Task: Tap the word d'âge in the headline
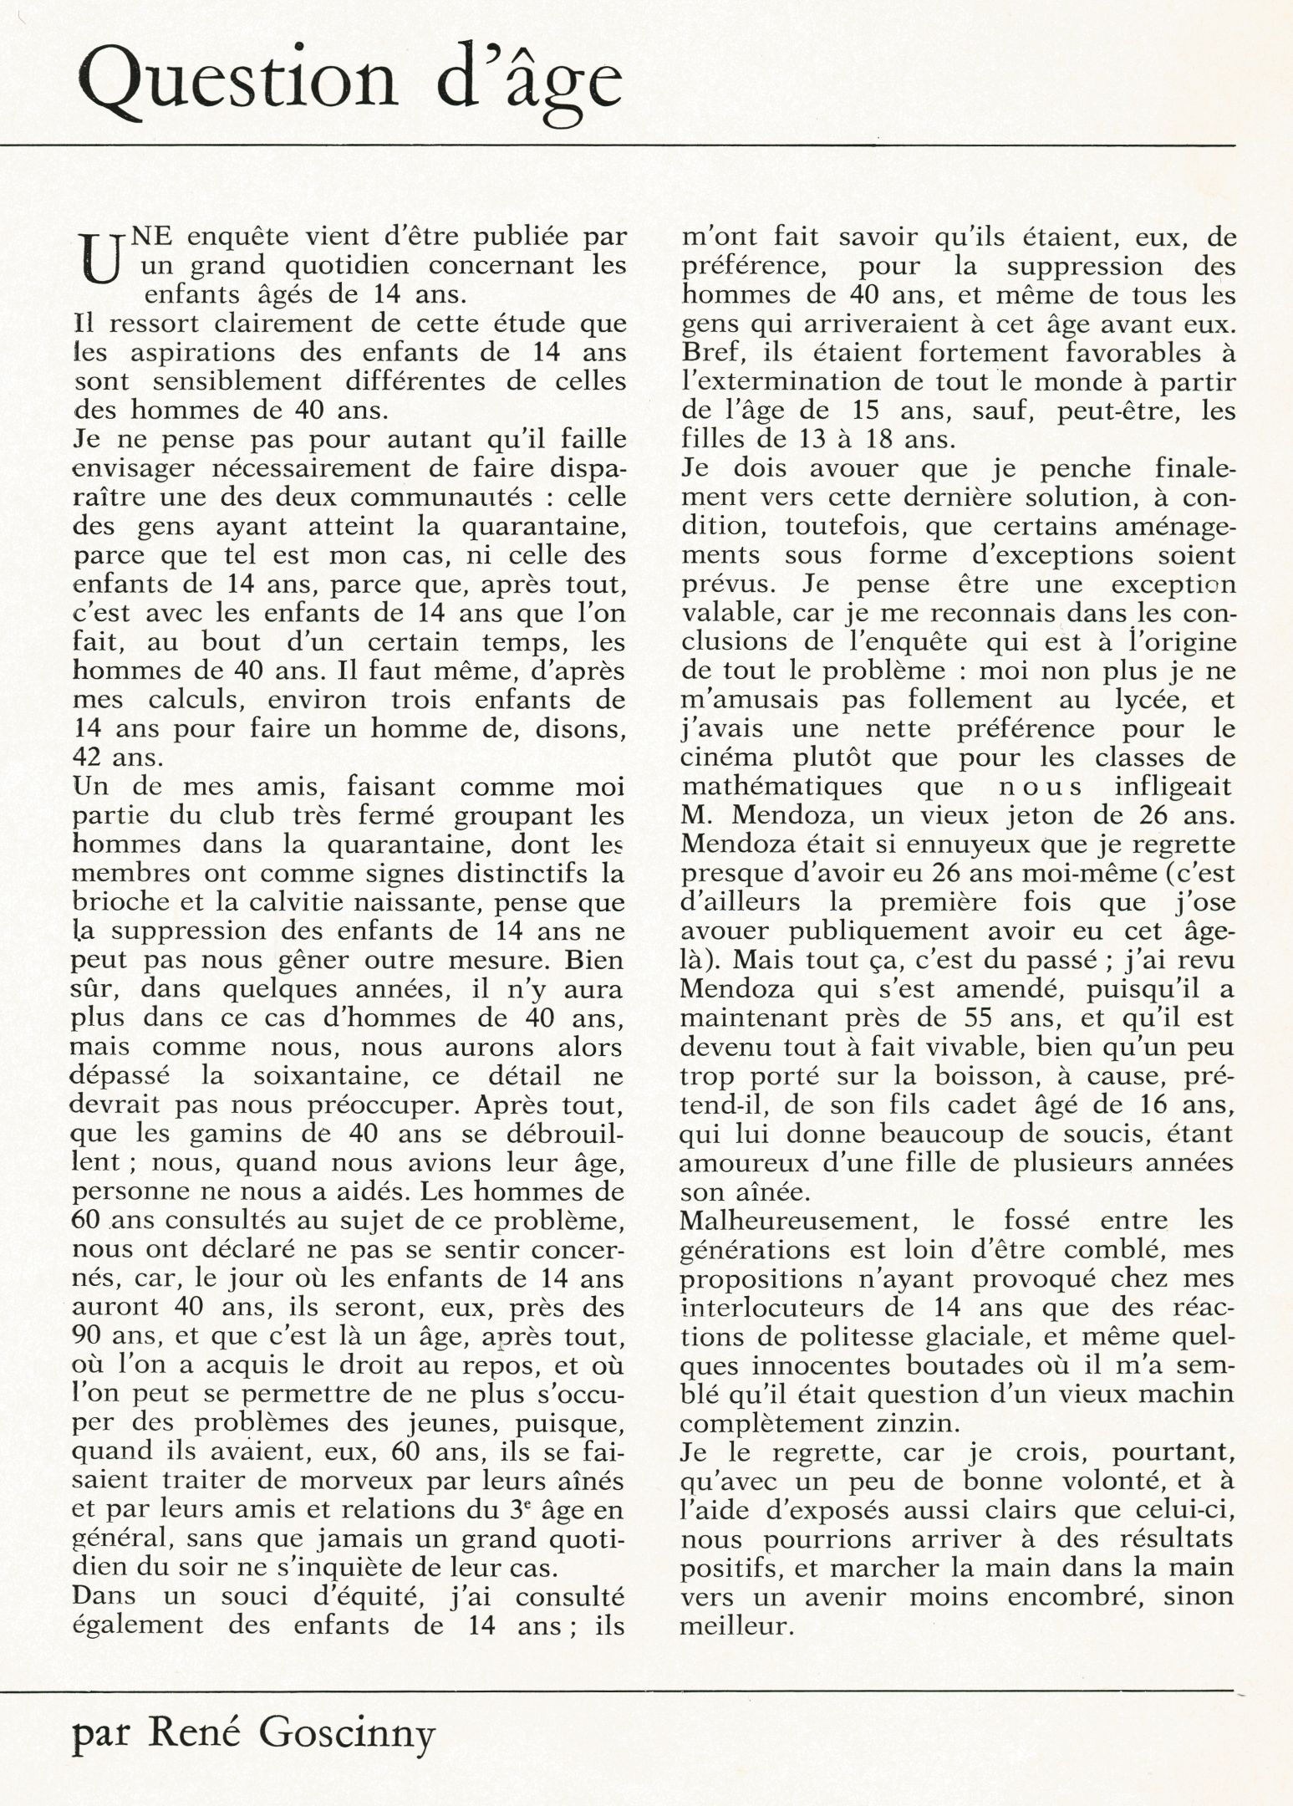click(526, 84)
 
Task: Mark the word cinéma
click(725, 758)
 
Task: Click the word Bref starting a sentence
click(710, 353)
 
